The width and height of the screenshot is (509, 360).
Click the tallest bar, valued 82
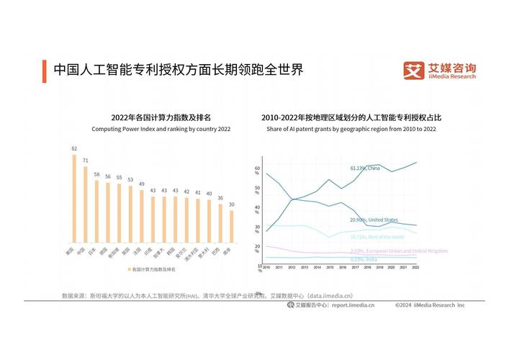coord(74,199)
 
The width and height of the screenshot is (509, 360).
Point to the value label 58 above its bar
coord(96,174)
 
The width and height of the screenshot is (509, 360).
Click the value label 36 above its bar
coord(220,198)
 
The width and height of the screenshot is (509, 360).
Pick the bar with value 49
coord(142,216)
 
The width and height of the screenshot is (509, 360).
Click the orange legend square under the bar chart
coord(129,269)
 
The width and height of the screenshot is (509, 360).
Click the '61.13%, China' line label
coord(365,168)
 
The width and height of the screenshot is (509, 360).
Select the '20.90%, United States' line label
coord(374,220)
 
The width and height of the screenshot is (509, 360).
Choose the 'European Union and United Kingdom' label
coord(399,251)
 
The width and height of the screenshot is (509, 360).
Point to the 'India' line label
coord(364,259)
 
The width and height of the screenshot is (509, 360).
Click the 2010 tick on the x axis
coord(266,267)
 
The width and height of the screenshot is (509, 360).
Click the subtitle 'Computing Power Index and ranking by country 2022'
coord(161,129)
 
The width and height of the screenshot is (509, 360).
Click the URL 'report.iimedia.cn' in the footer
coord(353,305)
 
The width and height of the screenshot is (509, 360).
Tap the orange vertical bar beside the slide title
coord(45,70)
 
